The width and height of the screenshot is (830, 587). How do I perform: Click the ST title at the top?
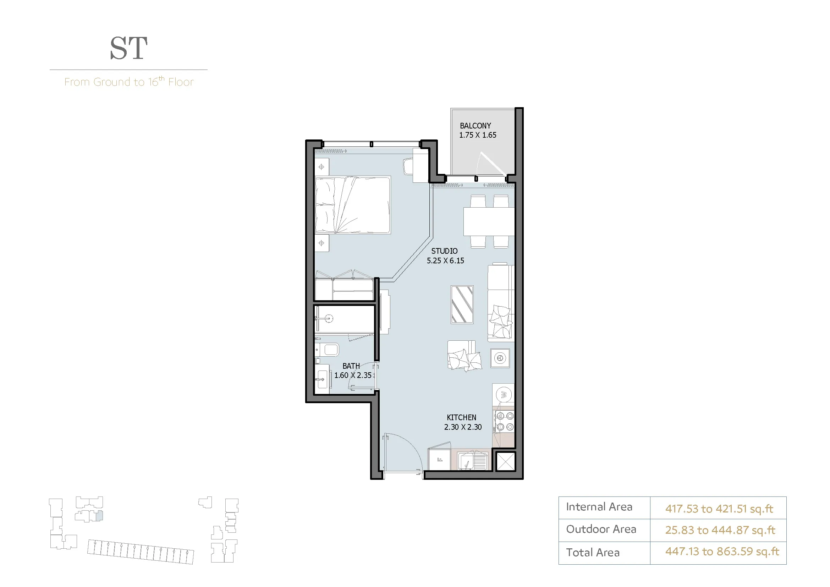[x=129, y=48]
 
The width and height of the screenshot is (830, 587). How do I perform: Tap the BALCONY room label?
[x=476, y=126]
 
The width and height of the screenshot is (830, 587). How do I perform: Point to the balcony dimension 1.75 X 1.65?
[x=478, y=135]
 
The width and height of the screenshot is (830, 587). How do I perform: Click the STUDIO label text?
[x=444, y=251]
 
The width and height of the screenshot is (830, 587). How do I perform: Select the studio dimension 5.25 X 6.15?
[x=445, y=260]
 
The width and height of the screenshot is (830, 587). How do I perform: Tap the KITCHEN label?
[x=462, y=417]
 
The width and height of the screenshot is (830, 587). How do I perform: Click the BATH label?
[x=351, y=366]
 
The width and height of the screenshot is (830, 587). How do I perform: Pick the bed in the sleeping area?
[x=353, y=205]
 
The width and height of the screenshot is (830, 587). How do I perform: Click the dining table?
[x=489, y=221]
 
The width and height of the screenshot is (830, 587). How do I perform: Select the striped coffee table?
[x=462, y=305]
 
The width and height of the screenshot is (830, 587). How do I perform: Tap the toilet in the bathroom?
[x=327, y=350]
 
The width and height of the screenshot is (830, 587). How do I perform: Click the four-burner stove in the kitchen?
[x=505, y=421]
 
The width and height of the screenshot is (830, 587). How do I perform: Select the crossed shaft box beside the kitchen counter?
[x=505, y=462]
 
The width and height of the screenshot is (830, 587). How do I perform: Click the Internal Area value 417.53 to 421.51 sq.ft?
[x=719, y=509]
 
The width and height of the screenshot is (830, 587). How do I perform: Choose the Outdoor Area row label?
[x=601, y=529]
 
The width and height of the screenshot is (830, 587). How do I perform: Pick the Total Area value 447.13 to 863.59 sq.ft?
[x=722, y=552]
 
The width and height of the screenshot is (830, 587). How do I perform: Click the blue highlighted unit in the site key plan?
[x=99, y=515]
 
